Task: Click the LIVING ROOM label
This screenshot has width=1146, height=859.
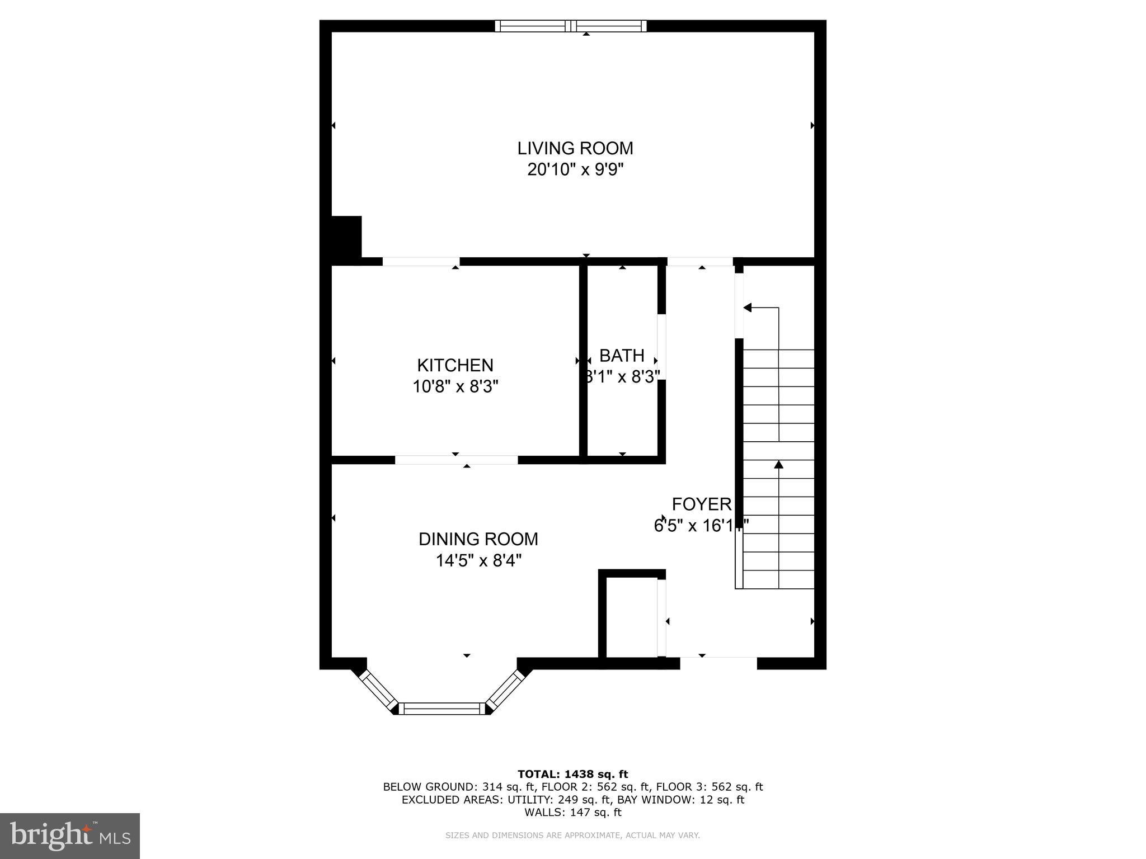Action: pyautogui.click(x=575, y=148)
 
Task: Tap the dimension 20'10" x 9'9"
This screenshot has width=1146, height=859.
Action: pyautogui.click(x=575, y=169)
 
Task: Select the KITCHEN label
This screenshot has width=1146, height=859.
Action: pyautogui.click(x=455, y=365)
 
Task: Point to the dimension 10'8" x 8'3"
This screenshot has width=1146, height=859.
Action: pyautogui.click(x=455, y=386)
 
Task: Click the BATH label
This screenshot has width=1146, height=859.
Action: pyautogui.click(x=622, y=356)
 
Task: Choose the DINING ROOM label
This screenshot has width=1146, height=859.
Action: pyautogui.click(x=478, y=539)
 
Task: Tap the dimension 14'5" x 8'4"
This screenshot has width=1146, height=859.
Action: pyautogui.click(x=478, y=560)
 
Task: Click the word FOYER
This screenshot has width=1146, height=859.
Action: pyautogui.click(x=701, y=504)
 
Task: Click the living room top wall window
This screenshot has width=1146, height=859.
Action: pyautogui.click(x=571, y=26)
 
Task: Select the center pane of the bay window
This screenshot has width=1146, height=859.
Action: pyautogui.click(x=443, y=709)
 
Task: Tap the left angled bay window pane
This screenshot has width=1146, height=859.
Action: pyautogui.click(x=378, y=691)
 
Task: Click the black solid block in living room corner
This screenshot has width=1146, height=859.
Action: pyautogui.click(x=346, y=237)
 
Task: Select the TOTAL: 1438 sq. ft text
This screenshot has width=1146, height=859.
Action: pyautogui.click(x=572, y=774)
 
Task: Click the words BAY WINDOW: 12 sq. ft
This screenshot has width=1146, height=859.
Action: pyautogui.click(x=680, y=800)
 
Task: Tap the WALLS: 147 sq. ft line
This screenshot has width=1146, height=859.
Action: pyautogui.click(x=572, y=813)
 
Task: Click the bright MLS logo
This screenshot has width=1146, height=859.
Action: pyautogui.click(x=70, y=836)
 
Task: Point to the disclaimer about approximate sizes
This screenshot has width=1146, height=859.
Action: pyautogui.click(x=572, y=836)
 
